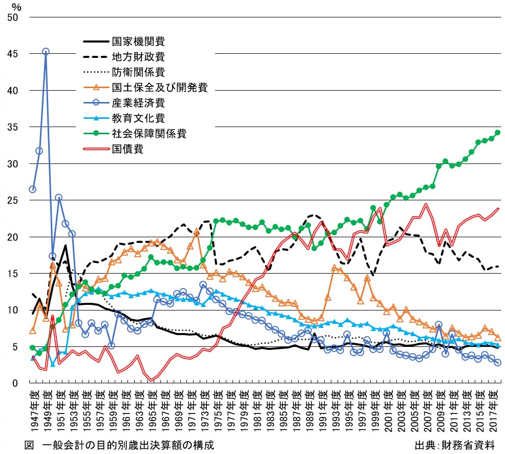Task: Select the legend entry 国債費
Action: pos(127,149)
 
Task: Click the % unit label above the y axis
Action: pos(16,7)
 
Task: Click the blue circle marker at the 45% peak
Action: pos(46,51)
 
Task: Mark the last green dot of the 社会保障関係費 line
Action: pos(497,133)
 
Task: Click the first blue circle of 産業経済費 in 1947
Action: pos(33,189)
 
